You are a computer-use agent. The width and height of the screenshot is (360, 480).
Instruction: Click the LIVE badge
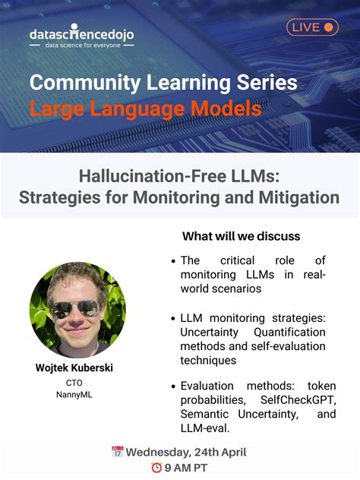(311, 27)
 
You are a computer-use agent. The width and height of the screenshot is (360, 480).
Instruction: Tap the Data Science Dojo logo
(81, 33)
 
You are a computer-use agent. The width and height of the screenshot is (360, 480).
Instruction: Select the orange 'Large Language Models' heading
(145, 109)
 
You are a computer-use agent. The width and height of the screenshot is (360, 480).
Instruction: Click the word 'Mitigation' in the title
(301, 197)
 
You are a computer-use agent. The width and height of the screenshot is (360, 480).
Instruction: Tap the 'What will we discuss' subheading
(241, 236)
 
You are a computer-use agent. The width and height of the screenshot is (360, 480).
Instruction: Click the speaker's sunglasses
(77, 308)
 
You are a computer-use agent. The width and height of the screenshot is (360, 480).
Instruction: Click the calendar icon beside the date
(118, 452)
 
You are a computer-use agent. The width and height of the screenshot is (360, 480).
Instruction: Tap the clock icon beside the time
(156, 468)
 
